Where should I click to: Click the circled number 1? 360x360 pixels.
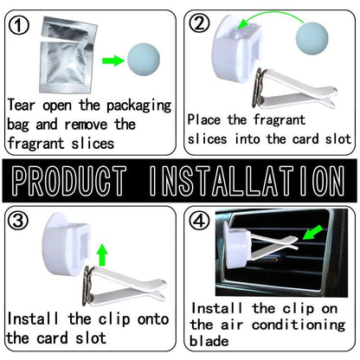18,25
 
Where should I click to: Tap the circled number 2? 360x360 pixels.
199,23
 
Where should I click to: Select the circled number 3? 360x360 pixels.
18,221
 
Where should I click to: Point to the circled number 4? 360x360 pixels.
199,221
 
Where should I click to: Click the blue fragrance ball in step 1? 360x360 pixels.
144,60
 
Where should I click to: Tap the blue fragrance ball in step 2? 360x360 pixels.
312,38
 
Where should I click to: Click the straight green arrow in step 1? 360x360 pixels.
113,61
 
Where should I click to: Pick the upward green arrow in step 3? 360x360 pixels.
102,254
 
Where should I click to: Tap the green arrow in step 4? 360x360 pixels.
312,232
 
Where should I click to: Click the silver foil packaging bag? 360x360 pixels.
67,55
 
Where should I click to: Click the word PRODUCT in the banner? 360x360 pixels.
69,181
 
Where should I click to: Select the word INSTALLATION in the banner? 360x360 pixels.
247,181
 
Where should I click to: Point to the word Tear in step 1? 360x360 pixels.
21,105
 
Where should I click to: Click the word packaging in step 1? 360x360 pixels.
139,106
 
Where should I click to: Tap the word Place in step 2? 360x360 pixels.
204,119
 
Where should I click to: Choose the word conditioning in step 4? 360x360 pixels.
299,325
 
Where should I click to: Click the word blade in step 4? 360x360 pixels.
209,341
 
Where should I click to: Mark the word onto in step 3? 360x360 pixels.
153,319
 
